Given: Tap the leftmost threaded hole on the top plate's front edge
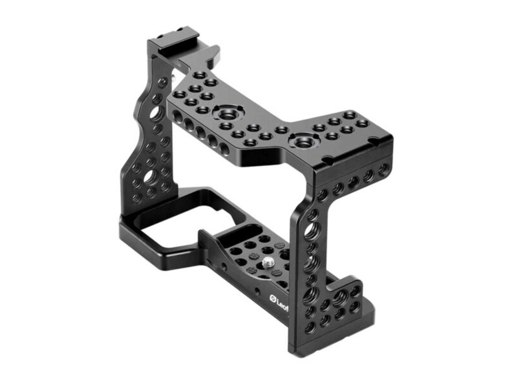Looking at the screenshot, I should pos(177,116).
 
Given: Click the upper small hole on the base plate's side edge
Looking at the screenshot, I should pos(224,267).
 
